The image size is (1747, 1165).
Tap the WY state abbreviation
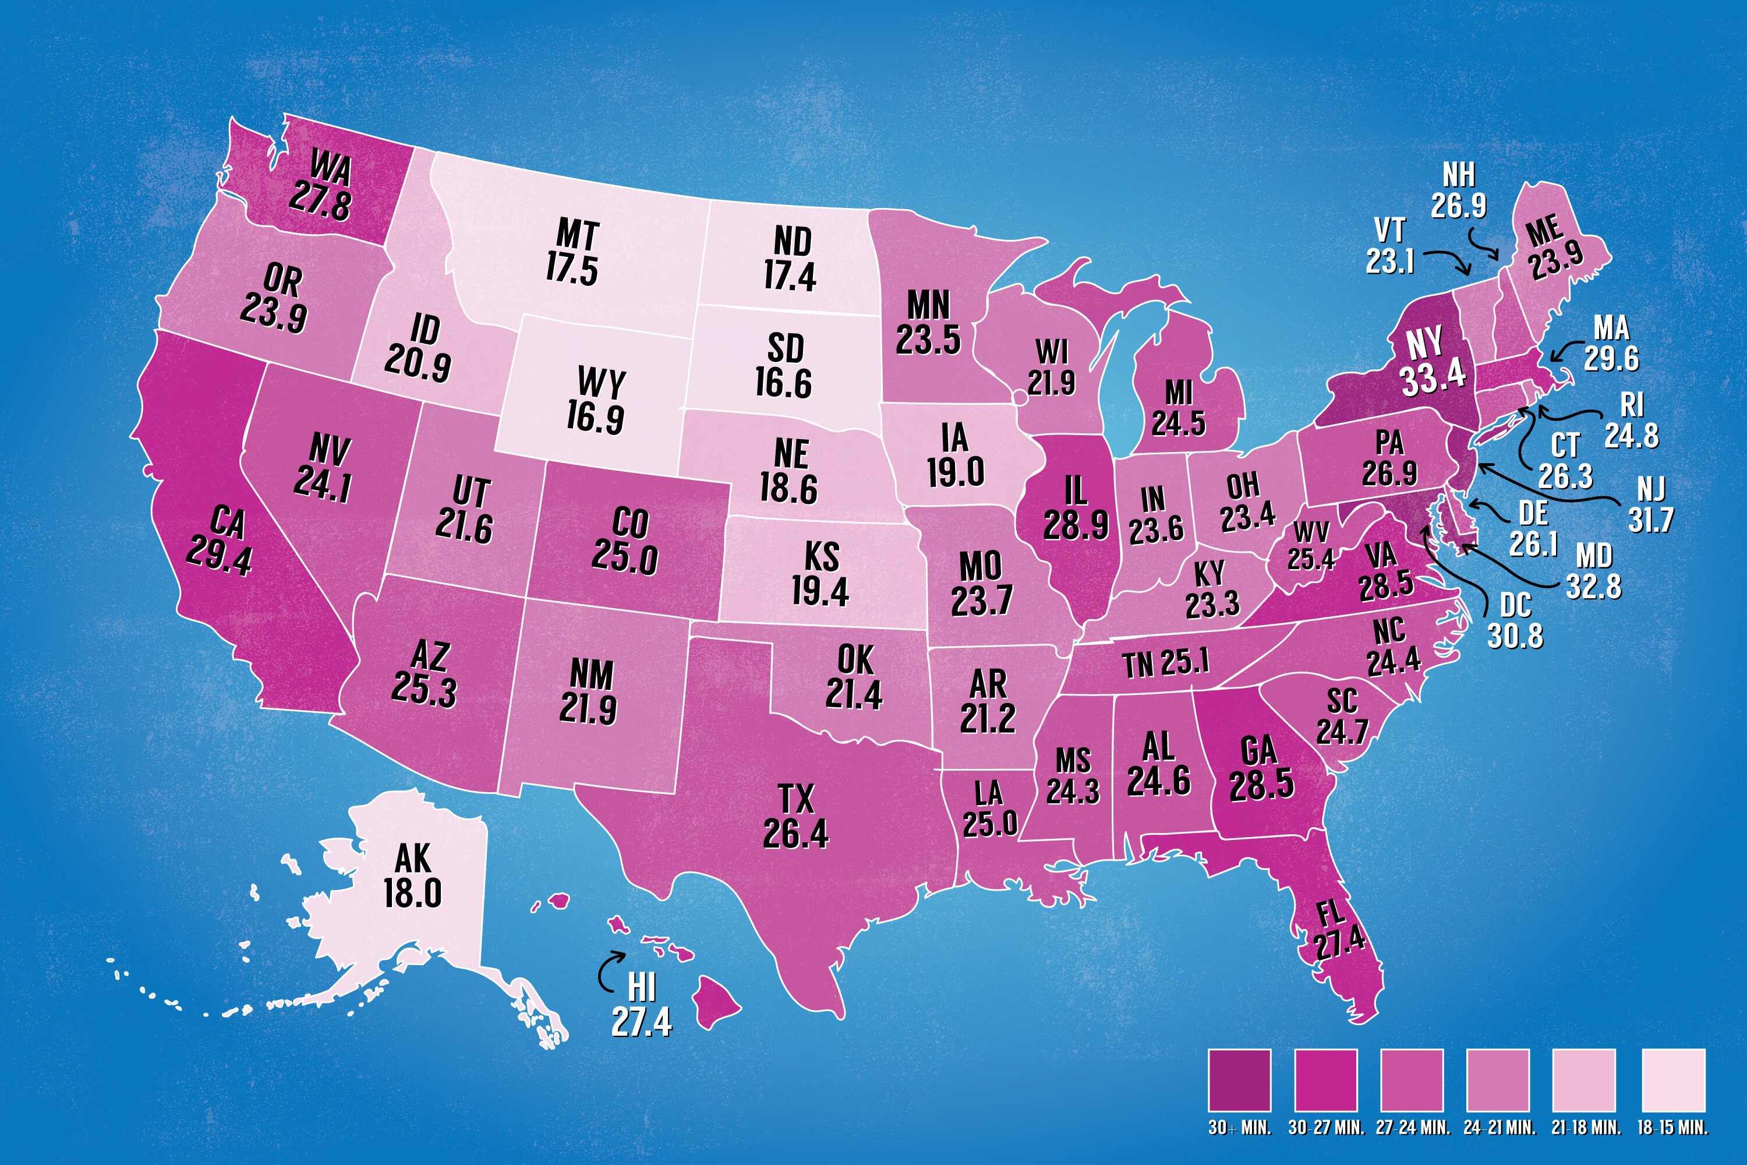pyautogui.click(x=601, y=383)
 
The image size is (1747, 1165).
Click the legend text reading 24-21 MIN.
pyautogui.click(x=1499, y=1128)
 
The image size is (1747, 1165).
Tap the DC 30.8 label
pyautogui.click(x=1515, y=620)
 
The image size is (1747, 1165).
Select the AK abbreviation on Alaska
pyautogui.click(x=412, y=859)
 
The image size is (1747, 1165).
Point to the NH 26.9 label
pyautogui.click(x=1459, y=192)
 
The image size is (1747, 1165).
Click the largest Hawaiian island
pyautogui.click(x=717, y=1001)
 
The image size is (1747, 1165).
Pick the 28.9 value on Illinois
pyautogui.click(x=1076, y=525)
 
